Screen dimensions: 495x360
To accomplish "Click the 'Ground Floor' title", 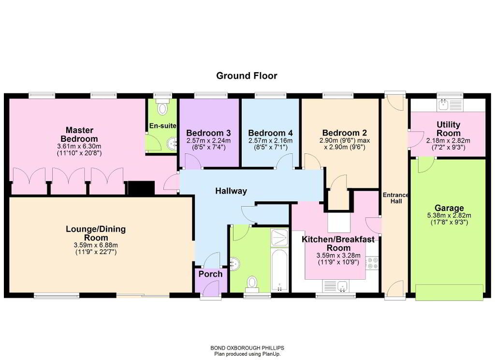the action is pos(247,76).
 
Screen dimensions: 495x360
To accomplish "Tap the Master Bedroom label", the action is pos(79,135).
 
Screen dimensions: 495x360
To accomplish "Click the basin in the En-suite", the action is pos(172,144).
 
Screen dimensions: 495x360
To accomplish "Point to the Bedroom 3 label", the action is pos(208,133).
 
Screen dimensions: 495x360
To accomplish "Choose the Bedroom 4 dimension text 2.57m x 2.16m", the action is pos(270,141).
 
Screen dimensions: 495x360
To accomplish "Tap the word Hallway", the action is pos(231,191).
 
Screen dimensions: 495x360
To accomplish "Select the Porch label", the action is pos(210,274).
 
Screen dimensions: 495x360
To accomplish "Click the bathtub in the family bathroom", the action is pos(279,270).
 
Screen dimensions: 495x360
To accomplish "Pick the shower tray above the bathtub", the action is pos(279,237).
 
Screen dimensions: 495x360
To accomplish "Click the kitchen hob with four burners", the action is pos(372,263).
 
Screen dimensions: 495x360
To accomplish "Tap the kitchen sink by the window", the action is pos(342,286).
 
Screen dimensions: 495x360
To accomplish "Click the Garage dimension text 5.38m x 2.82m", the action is pos(449,215).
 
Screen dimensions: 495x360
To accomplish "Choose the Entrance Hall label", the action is pos(396,198).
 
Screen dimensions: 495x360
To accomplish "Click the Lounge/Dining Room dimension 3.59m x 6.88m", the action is pos(96,245).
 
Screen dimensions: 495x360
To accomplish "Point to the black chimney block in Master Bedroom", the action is pos(141,188).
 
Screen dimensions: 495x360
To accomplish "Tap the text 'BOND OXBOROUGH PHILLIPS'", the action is pos(247,348).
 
